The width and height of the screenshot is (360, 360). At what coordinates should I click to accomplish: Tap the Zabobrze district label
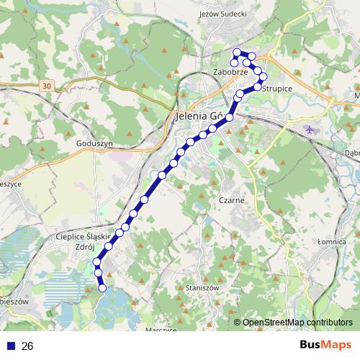coord(230,72)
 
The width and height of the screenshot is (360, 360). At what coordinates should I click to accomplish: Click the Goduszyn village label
coord(94,143)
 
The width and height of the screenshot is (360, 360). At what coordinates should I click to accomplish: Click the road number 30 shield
coord(47,86)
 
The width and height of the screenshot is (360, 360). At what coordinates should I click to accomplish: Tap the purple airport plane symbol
coord(310,130)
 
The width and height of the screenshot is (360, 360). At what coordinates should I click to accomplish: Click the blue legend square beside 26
coord(10,346)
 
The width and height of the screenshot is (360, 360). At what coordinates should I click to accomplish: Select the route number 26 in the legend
coord(27,346)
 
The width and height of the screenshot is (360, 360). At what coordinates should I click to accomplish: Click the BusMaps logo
coord(325,346)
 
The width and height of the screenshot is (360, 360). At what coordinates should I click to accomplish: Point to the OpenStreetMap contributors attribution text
coord(297,322)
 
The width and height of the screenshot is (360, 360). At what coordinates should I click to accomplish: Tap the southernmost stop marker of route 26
coord(102,288)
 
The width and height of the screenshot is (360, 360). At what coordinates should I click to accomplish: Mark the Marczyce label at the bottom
coord(161,329)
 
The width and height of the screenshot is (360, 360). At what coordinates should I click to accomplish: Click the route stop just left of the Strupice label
coord(258,86)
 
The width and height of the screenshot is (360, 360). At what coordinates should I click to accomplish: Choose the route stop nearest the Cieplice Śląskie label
coord(109,246)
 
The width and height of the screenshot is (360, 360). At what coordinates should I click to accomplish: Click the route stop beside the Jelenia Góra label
coord(230,117)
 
